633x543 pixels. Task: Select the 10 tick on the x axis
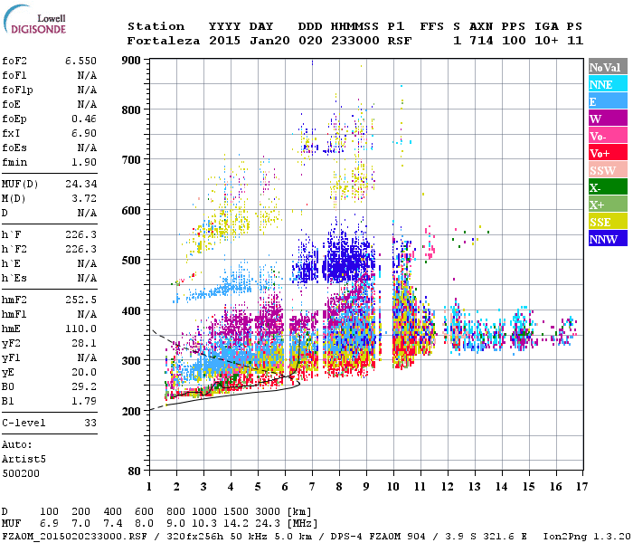coord(393,486)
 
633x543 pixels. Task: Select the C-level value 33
coord(90,423)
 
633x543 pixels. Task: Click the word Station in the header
coord(156,26)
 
